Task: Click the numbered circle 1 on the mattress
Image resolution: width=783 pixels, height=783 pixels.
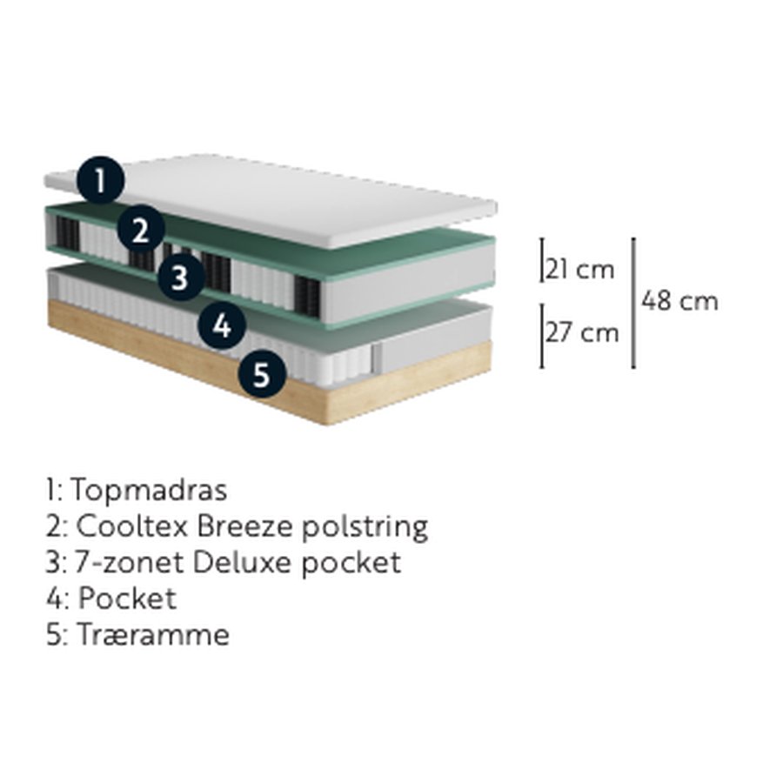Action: tap(100, 180)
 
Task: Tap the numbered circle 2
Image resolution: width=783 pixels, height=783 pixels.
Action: tap(141, 229)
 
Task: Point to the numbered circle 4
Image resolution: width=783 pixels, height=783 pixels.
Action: tap(222, 326)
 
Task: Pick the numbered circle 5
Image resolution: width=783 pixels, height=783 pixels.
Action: tap(262, 374)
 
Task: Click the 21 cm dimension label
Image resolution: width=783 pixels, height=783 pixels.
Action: tap(579, 269)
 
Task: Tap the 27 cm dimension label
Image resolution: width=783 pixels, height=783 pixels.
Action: tap(582, 332)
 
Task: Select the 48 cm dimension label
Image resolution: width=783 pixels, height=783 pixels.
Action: tap(679, 301)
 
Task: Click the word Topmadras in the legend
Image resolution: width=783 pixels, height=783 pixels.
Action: tap(150, 491)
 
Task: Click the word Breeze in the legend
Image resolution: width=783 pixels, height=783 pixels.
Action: tap(244, 525)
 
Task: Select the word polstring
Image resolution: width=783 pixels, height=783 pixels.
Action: tap(365, 527)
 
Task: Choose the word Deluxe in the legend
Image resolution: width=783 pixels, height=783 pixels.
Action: tap(242, 562)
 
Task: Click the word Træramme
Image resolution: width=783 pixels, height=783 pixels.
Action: tap(153, 635)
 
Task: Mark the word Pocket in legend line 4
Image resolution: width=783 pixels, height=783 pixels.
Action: tap(127, 599)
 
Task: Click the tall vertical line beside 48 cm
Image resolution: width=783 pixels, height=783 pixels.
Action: tap(633, 303)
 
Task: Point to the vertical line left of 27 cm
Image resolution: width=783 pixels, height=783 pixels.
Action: tap(542, 335)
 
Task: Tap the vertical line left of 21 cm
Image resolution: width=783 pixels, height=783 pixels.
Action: tap(542, 260)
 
